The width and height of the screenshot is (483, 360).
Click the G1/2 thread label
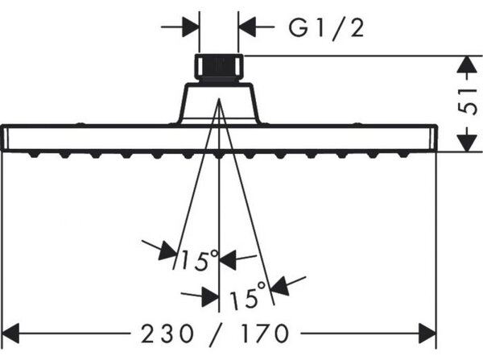click(x=327, y=28)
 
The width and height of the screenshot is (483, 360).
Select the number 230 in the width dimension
click(x=167, y=333)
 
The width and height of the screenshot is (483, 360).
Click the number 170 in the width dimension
click(x=265, y=333)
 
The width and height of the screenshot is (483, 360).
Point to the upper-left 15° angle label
click(x=200, y=260)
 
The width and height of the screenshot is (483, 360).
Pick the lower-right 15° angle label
click(x=248, y=296)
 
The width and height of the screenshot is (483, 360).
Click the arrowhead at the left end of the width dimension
click(x=10, y=333)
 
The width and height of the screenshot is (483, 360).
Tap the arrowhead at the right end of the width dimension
click(x=427, y=333)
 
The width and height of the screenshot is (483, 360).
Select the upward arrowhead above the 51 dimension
click(x=468, y=64)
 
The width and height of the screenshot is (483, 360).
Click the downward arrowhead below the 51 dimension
click(x=468, y=143)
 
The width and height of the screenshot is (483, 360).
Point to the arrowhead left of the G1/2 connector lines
click(x=190, y=27)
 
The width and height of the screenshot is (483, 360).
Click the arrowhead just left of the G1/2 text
click(x=247, y=27)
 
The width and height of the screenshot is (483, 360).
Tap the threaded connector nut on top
click(x=219, y=68)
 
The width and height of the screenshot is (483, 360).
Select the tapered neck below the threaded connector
click(x=219, y=104)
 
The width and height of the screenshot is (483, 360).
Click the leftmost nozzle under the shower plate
click(x=34, y=154)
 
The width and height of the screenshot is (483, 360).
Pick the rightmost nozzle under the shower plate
click(x=403, y=154)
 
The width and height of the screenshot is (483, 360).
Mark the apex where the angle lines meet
click(x=219, y=98)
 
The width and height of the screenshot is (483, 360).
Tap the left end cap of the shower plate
click(x=4, y=138)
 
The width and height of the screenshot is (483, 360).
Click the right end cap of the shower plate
click(x=433, y=138)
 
